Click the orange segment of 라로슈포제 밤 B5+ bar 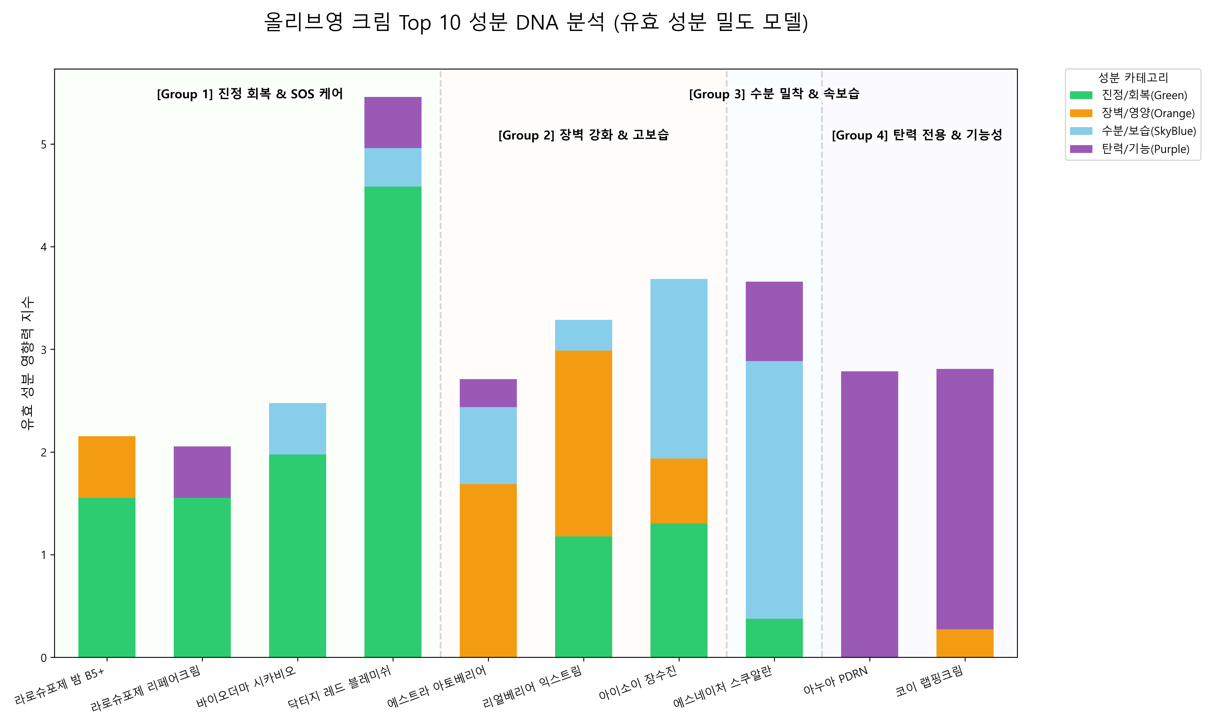107,467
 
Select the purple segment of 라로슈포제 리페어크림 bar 202,472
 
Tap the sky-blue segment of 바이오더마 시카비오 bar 297,429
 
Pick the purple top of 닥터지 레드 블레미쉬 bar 393,123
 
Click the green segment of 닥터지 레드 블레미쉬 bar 393,422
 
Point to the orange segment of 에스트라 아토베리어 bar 488,571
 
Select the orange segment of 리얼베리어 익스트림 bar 583,443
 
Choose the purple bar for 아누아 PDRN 870,514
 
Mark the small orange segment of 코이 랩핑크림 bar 964,643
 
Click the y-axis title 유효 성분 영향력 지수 27,363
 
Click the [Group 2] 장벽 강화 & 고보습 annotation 583,135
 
